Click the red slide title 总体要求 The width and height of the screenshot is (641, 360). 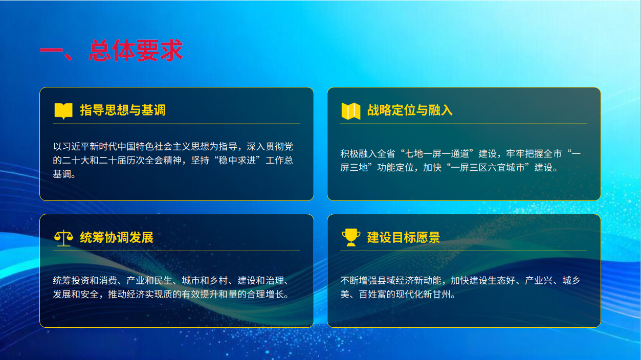click(136, 51)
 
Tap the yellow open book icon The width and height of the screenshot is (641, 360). click(63, 111)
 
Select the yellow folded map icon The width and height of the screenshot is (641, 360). click(351, 111)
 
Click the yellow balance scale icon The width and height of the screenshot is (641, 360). click(63, 238)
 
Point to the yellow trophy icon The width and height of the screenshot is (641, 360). click(351, 237)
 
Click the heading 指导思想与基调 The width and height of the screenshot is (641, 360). click(123, 110)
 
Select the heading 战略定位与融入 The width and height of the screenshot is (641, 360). click(410, 110)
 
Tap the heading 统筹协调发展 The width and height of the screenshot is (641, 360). click(117, 237)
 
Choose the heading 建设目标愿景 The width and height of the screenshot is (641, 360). click(404, 237)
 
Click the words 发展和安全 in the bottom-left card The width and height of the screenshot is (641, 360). click(76, 294)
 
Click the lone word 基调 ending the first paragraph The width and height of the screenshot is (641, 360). click(62, 174)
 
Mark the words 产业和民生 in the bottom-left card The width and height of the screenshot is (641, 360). click(149, 281)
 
